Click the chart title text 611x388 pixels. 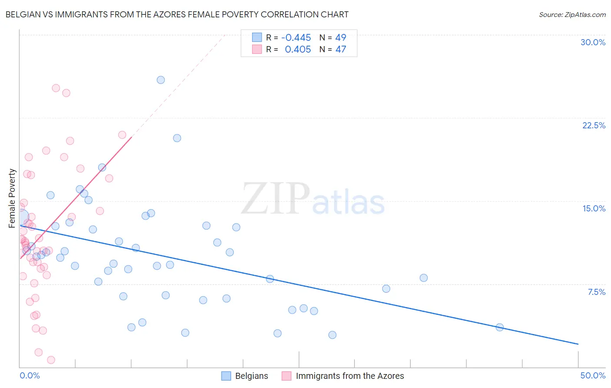click(177, 14)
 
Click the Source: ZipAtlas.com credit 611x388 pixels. click(572, 14)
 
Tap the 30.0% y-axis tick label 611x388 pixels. click(593, 42)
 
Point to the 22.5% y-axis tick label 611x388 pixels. click(594, 125)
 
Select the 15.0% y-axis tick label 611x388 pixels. click(594, 208)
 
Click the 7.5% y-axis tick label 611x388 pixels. click(596, 292)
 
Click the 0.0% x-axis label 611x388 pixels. click(30, 375)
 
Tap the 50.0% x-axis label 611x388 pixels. click(593, 375)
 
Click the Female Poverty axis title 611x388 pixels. click(12, 198)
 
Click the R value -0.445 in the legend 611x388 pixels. click(296, 37)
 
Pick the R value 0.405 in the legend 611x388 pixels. click(298, 49)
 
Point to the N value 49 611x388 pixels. click(341, 37)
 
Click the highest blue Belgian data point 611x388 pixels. click(161, 80)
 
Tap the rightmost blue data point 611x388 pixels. click(500, 327)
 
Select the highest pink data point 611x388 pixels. click(56, 88)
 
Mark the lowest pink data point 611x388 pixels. click(51, 360)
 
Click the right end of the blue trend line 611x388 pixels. click(578, 344)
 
